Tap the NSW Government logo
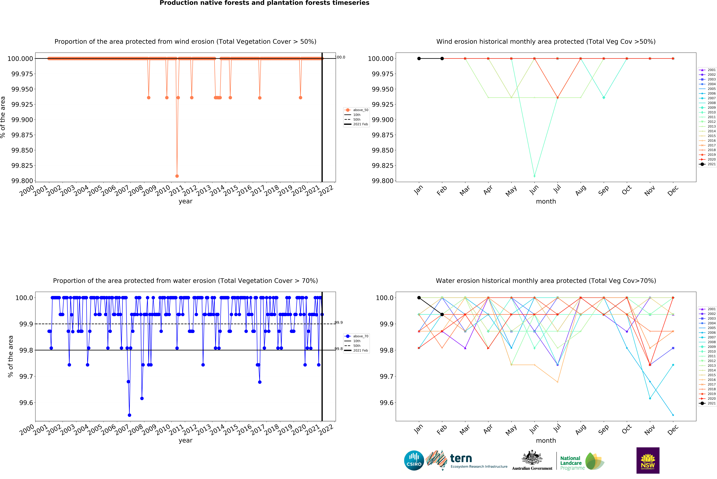[x=648, y=460]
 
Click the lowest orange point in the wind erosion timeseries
[x=177, y=176]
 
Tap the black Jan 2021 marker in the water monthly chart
[x=419, y=298]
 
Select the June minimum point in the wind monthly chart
[x=534, y=176]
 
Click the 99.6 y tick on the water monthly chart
[x=387, y=403]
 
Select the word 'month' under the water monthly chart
[x=546, y=441]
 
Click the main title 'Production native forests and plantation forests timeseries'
[x=264, y=3]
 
